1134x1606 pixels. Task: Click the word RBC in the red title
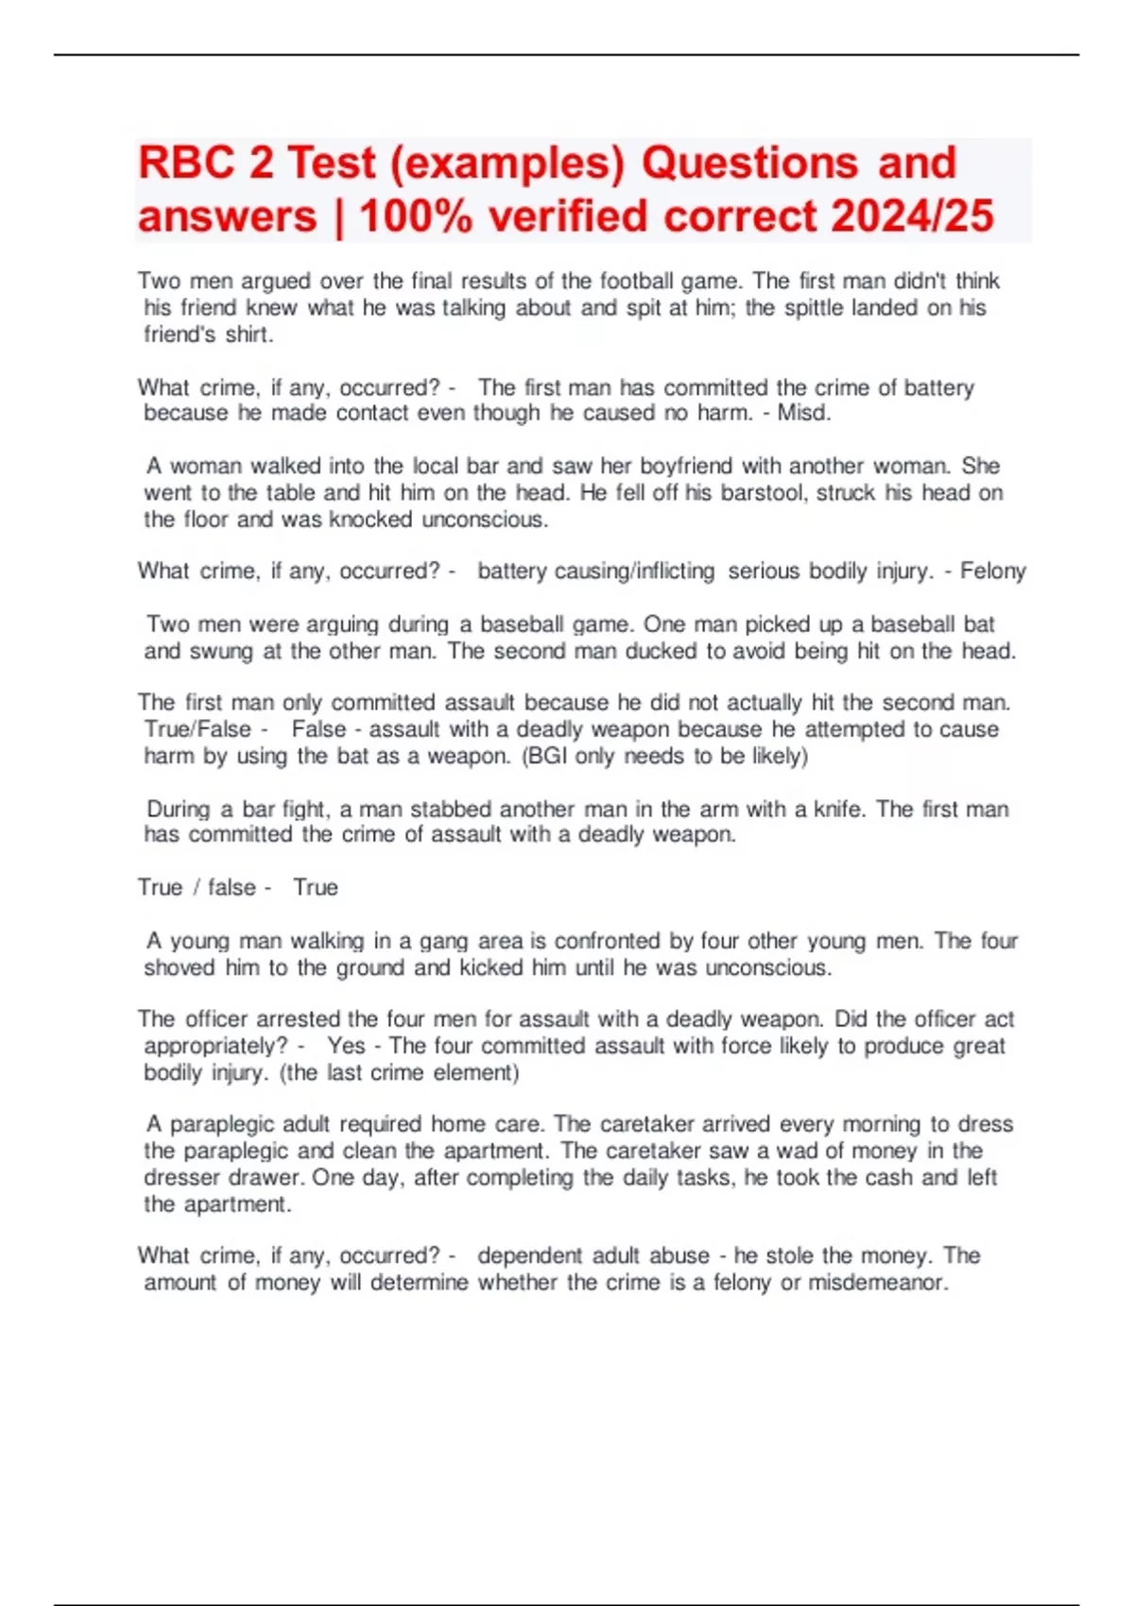[186, 163]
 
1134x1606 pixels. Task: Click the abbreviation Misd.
[803, 413]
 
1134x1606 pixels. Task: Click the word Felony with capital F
[992, 571]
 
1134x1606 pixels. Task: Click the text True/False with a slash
[198, 729]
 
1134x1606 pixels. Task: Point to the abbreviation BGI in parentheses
[548, 756]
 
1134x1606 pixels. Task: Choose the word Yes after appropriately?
[346, 1046]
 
